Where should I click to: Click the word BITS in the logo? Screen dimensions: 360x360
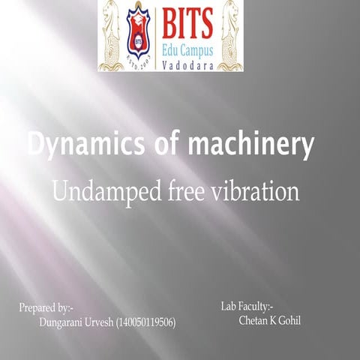coord(187,20)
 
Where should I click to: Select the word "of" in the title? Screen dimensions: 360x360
coord(160,145)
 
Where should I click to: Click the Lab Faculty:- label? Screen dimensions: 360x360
coord(247,306)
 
